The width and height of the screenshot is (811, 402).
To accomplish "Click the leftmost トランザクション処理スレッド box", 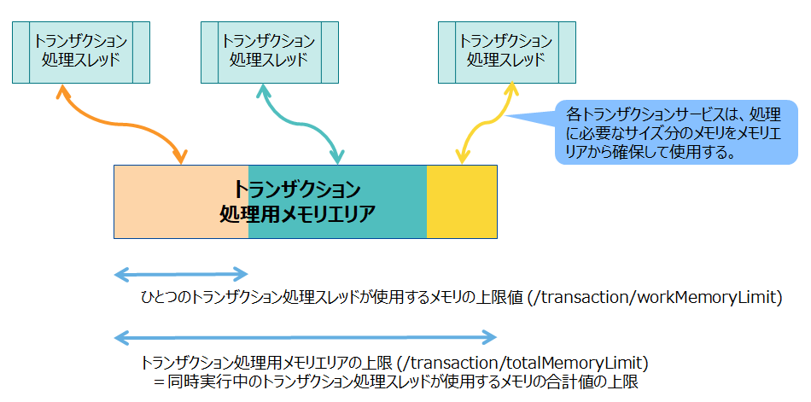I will pos(81,51).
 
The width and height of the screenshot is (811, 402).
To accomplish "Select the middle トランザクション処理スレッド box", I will pos(269,51).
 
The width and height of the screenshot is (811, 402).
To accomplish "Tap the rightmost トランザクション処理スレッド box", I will pos(506,51).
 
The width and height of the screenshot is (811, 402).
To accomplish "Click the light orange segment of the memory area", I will pos(171,201).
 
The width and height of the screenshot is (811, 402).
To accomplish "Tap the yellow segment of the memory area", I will pos(462,201).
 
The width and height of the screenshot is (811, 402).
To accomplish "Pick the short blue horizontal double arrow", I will pos(180,274).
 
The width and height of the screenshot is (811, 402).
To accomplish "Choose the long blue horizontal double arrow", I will pos(305,336).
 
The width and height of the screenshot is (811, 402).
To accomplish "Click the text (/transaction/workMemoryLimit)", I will pos(655,298).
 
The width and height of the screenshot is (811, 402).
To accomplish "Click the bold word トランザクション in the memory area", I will pos(297,189).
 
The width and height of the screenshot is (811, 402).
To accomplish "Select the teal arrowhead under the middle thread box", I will pos(261,90).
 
